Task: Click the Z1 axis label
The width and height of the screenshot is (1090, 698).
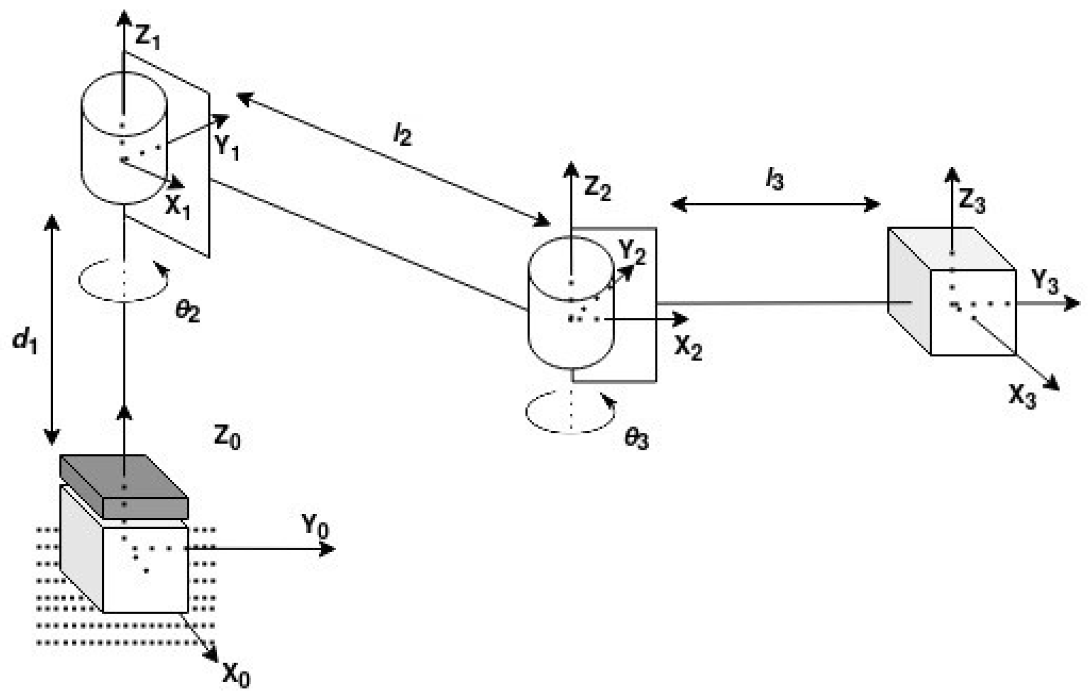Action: point(148,38)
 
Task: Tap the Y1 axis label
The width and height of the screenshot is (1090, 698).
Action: point(227,147)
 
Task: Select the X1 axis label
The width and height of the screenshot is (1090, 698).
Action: point(177,206)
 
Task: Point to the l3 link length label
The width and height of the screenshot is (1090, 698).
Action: point(775,180)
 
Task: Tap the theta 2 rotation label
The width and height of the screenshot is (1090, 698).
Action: point(187,312)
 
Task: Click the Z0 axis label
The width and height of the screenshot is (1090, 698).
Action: point(227,437)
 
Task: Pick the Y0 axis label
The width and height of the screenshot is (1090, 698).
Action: point(315,527)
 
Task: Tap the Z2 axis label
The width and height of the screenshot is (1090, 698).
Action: point(597,189)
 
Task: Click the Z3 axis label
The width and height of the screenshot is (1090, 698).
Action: point(972,201)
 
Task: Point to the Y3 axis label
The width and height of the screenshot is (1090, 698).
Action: point(1045,282)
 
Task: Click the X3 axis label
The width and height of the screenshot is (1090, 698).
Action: point(1022,397)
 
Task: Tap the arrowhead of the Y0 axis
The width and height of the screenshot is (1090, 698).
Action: point(328,549)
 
